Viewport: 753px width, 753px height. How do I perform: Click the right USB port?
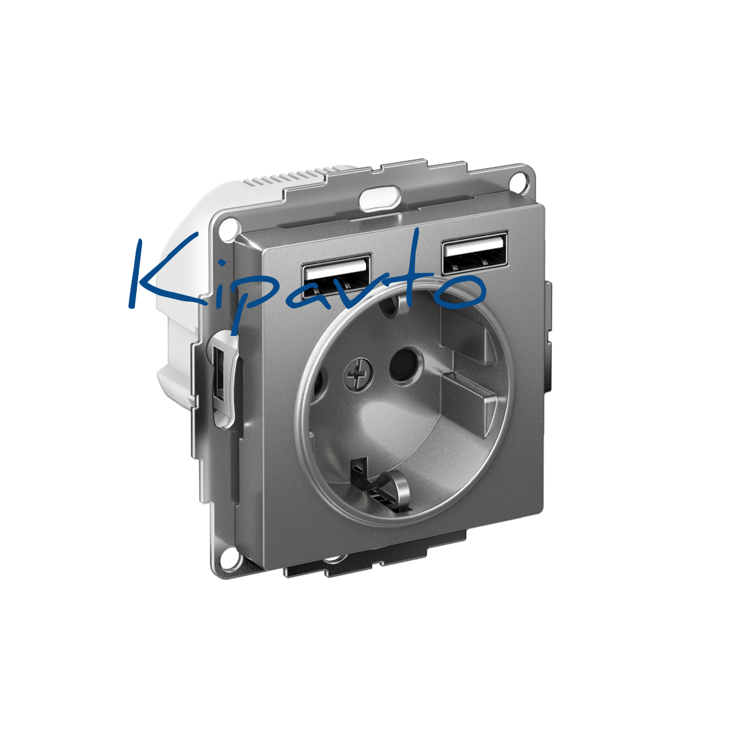[475, 253]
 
